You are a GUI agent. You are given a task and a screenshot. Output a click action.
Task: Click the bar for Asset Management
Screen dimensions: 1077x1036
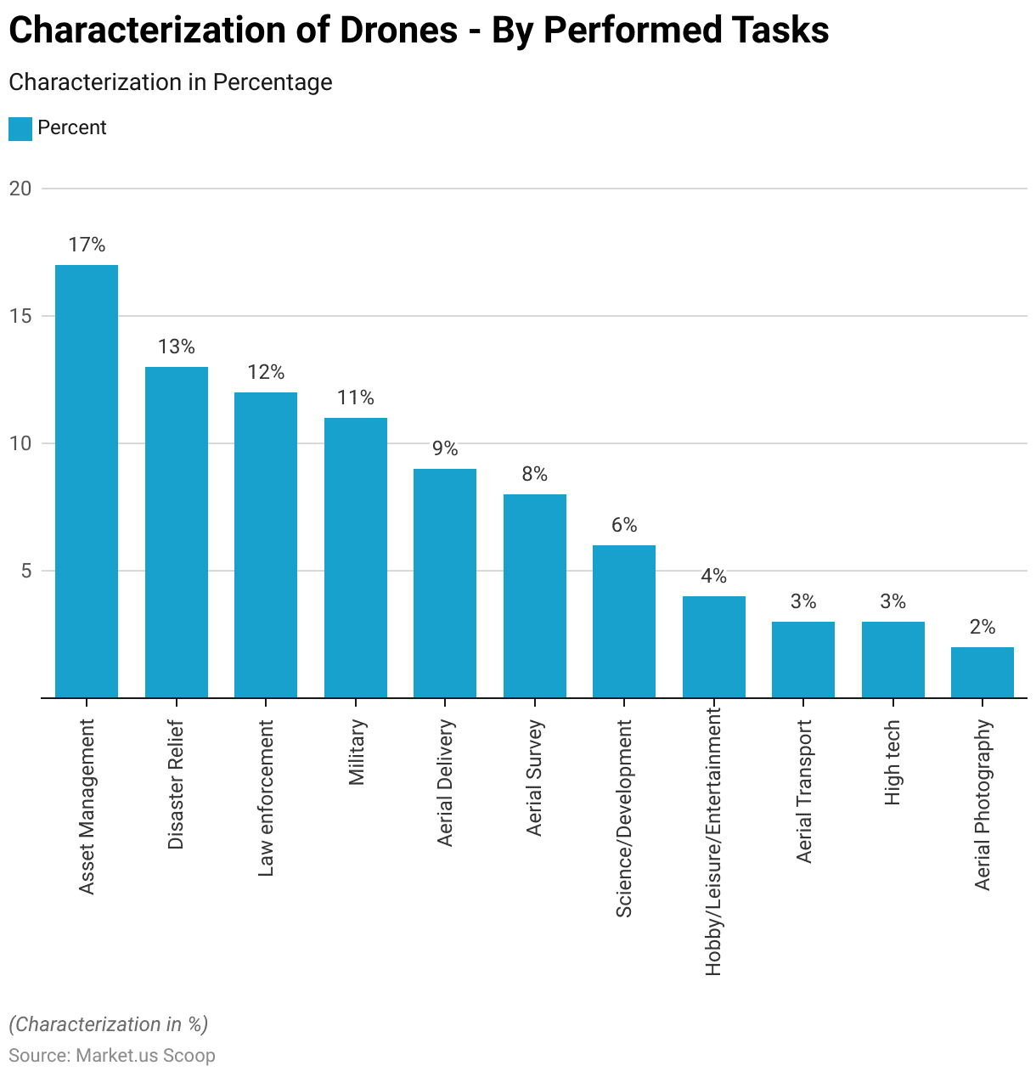point(87,482)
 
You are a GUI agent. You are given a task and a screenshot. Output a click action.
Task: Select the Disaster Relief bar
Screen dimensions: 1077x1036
point(177,533)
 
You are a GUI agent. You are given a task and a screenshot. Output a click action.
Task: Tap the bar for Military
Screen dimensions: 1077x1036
point(356,558)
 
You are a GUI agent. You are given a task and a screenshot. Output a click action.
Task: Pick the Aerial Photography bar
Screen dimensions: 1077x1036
point(983,673)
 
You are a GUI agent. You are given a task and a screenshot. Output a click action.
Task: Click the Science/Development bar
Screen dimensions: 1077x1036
point(624,622)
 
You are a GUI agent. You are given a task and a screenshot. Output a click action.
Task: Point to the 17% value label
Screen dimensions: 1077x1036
point(87,245)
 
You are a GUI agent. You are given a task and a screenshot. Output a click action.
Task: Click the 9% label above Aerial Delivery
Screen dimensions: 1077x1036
point(445,448)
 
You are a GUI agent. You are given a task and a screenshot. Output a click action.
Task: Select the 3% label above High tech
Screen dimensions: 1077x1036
point(892,602)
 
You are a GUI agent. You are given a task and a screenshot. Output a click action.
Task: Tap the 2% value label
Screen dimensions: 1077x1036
point(983,628)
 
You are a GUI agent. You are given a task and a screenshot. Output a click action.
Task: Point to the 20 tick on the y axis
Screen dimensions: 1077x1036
point(20,189)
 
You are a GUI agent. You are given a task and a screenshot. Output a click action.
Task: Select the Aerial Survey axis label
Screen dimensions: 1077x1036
point(534,778)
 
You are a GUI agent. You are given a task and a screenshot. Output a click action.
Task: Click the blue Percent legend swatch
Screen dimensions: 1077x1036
point(20,129)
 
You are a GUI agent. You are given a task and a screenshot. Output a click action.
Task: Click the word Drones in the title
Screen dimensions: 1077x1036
point(399,31)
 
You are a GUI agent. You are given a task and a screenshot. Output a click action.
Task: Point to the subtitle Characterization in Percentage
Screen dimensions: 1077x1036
point(171,82)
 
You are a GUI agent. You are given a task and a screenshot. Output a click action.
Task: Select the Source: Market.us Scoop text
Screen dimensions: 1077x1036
point(112,1056)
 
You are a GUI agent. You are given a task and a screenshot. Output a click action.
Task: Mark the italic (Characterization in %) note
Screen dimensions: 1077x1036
point(109,1024)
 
